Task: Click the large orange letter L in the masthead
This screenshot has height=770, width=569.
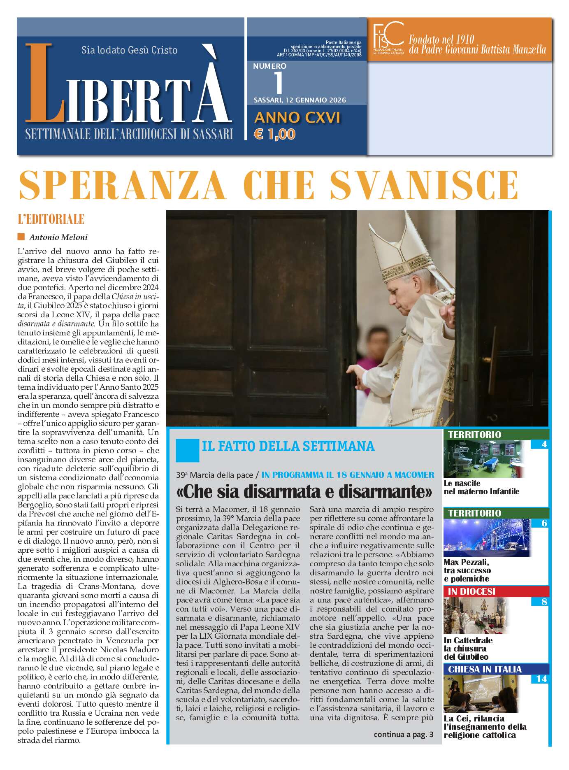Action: (x=44, y=84)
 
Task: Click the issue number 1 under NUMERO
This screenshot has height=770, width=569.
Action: (x=279, y=83)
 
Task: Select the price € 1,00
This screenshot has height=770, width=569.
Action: (x=275, y=134)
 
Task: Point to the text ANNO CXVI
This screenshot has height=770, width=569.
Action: (x=297, y=118)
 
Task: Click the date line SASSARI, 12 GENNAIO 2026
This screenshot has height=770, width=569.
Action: (x=300, y=100)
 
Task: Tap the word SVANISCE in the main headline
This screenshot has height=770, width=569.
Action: (x=424, y=185)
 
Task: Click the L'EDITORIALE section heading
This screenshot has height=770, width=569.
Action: (x=51, y=219)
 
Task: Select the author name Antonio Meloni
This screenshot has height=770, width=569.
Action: (x=58, y=237)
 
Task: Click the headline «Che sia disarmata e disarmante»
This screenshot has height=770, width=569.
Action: (x=304, y=491)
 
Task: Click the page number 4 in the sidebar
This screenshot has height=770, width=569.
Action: (x=544, y=444)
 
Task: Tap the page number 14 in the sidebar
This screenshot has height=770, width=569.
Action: (x=541, y=679)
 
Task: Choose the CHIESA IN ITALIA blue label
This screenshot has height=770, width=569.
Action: (x=485, y=669)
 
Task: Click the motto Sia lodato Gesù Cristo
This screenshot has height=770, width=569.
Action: (x=129, y=50)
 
